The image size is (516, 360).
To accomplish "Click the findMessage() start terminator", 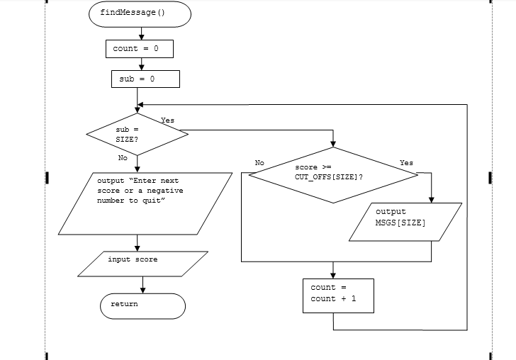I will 140,13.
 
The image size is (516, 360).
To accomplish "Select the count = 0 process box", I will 140,49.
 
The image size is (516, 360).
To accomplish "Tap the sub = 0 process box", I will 145,79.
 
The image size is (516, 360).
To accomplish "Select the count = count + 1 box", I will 337,294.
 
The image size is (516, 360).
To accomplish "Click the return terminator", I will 142,305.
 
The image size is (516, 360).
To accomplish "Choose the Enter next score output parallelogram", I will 145,203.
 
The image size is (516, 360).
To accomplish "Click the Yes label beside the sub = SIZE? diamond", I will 167,120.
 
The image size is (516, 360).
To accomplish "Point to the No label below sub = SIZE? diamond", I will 123,158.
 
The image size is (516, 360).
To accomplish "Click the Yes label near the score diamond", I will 406,163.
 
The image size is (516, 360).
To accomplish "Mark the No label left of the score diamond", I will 259,163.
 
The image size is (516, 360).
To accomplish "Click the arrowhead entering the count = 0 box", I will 142,36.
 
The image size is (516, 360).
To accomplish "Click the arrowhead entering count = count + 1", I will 332,274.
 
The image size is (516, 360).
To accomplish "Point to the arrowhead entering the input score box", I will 138,248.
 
